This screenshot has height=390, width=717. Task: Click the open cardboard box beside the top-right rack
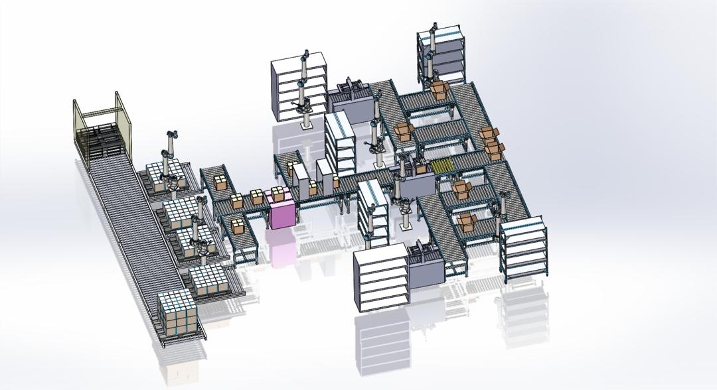pos(439,90)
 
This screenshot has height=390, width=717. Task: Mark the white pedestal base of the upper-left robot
pos(306,121)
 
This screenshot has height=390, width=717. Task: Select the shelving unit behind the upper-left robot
pos(299,86)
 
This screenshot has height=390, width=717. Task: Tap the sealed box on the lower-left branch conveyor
pos(237,226)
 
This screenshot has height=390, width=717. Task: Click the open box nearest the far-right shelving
pos(467,223)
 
